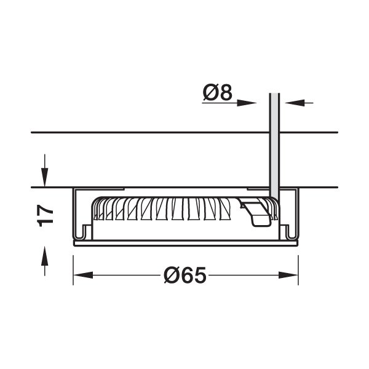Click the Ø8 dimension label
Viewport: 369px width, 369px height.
tap(218, 92)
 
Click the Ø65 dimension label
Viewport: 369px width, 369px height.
tap(185, 275)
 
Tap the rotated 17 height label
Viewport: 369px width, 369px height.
tap(46, 216)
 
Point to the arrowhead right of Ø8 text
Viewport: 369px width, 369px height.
tap(247, 103)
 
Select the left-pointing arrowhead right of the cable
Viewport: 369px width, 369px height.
tap(295, 103)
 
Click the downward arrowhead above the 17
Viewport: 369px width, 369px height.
tap(44, 177)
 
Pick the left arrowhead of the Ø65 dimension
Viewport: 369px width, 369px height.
tap(83, 275)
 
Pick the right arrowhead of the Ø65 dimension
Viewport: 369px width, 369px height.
tap(288, 275)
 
